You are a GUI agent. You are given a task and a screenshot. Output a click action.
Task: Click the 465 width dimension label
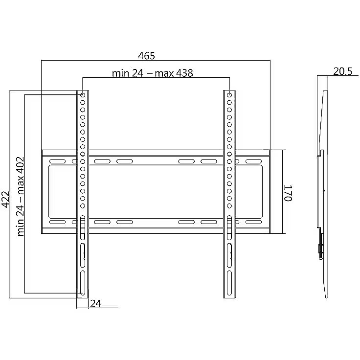pos(146,56)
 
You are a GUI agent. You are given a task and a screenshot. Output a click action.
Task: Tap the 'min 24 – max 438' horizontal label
pos(153,73)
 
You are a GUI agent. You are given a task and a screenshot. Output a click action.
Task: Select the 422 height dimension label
pos(5,199)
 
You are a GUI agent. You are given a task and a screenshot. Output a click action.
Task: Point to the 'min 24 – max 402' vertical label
pos(20,197)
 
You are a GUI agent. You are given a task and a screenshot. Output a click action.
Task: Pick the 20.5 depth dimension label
pos(342,71)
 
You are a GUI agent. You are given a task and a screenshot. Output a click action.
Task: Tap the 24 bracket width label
pos(95,304)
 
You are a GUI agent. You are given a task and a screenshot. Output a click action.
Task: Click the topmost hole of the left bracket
pos(83,95)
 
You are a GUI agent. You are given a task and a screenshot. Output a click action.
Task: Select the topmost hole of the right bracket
pos(229,95)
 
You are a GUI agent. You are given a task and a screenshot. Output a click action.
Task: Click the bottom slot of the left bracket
pos(83,283)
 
